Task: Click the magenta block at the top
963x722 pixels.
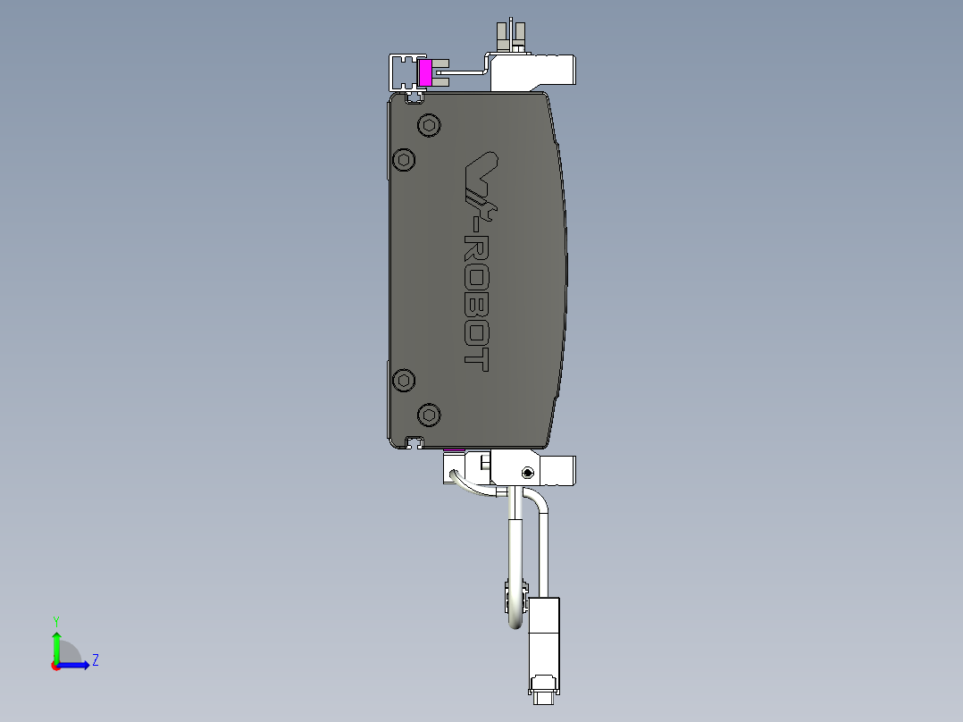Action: tap(425, 73)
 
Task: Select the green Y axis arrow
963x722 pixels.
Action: tap(56, 646)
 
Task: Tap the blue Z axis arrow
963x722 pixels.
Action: tap(76, 664)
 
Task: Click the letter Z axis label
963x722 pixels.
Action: tap(95, 660)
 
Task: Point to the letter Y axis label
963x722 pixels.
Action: tap(55, 620)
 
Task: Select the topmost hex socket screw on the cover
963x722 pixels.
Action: tap(429, 126)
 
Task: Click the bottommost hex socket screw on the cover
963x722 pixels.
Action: tap(429, 414)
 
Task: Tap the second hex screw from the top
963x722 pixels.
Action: tap(405, 160)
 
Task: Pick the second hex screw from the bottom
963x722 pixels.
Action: tap(405, 380)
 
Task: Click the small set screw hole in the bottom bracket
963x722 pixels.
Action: tap(528, 472)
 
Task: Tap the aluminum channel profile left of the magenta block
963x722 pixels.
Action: tap(402, 71)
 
